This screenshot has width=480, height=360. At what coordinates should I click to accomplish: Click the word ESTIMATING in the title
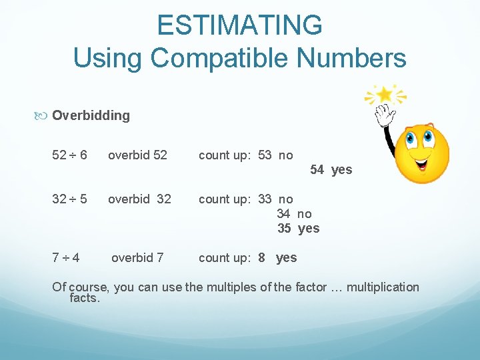[240, 25]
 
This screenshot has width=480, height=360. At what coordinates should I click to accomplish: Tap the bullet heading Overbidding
[91, 115]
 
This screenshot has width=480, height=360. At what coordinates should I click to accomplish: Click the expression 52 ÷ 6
[69, 155]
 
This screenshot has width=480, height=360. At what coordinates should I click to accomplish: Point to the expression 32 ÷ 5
[69, 199]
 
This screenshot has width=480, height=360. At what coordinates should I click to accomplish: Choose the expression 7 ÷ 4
[67, 257]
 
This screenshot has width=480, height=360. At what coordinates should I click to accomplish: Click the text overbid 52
[137, 155]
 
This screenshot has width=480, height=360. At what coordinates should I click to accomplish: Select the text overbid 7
[137, 257]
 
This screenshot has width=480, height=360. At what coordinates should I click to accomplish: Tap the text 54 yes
[331, 170]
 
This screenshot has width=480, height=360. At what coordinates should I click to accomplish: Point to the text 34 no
[294, 214]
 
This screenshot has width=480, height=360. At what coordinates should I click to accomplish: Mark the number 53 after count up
[265, 155]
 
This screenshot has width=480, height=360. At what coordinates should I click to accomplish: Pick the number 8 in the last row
[262, 257]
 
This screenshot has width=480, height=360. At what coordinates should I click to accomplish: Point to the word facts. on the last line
[85, 298]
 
